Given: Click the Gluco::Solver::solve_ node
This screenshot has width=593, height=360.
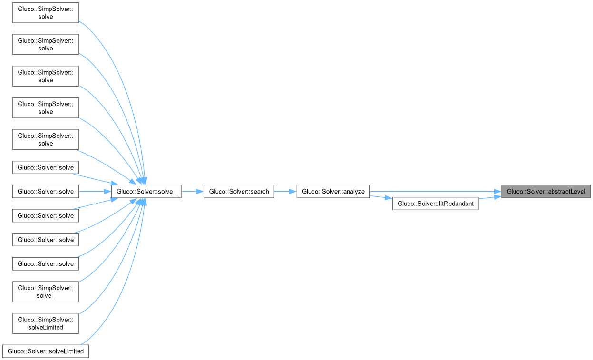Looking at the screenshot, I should coord(146,192).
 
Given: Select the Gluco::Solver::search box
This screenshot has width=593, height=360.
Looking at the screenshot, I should coord(239,192).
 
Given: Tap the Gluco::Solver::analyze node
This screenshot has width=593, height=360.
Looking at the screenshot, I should coord(333,192).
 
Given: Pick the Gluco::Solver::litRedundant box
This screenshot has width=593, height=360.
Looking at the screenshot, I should coord(435,204).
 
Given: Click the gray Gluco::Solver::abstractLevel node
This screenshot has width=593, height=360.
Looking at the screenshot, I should coord(546,192).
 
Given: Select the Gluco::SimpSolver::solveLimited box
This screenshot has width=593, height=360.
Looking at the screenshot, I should coord(46,323).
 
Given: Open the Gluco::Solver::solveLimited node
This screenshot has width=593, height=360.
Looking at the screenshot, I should coord(46,351).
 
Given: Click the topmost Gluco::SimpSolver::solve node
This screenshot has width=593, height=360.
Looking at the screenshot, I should coord(46,13).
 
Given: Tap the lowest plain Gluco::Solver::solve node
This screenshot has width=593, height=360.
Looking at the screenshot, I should coord(46,263).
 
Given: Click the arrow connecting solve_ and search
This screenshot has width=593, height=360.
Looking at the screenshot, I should coord(192,192).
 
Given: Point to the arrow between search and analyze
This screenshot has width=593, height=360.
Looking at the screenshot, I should coord(285,192).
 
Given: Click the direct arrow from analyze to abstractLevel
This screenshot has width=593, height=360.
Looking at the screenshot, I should coord(433,192).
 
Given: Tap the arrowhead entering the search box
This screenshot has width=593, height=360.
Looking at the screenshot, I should coord(201,192).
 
